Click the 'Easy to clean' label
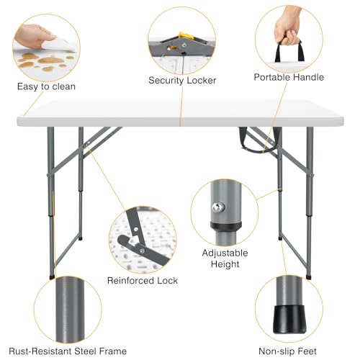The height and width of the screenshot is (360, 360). [x=46, y=86]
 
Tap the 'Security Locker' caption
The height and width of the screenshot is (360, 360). [x=182, y=80]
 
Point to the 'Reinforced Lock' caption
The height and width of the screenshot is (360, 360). [x=143, y=280]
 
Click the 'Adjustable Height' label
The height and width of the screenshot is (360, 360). [x=225, y=259]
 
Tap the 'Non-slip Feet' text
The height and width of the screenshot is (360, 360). [x=288, y=351]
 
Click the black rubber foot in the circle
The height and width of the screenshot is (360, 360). [x=289, y=323]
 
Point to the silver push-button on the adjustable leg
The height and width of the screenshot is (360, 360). [x=216, y=208]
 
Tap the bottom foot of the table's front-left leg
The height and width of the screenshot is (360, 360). [x=52, y=275]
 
